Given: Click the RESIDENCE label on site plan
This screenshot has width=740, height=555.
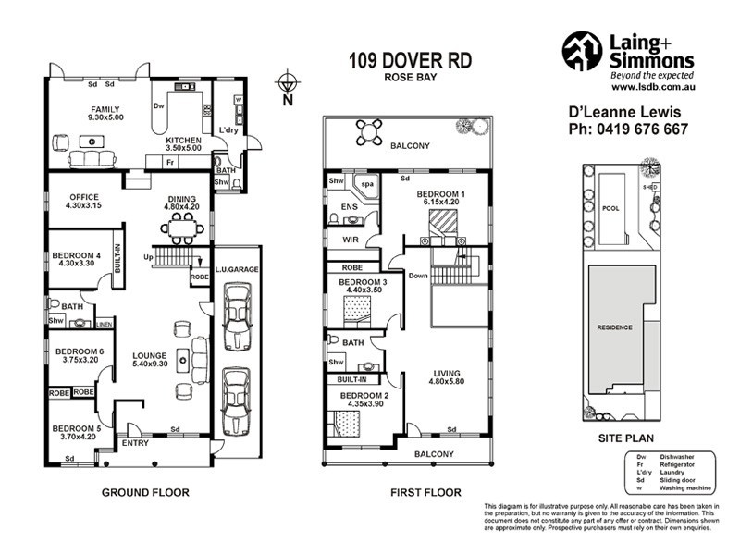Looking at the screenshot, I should (614, 327).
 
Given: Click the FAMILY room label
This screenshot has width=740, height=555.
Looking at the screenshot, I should (105, 109).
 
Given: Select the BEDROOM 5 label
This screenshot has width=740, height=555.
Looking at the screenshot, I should (77, 428).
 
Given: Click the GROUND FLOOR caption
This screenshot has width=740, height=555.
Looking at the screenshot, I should (145, 493).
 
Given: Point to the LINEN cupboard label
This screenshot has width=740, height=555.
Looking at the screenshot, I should (105, 324).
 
